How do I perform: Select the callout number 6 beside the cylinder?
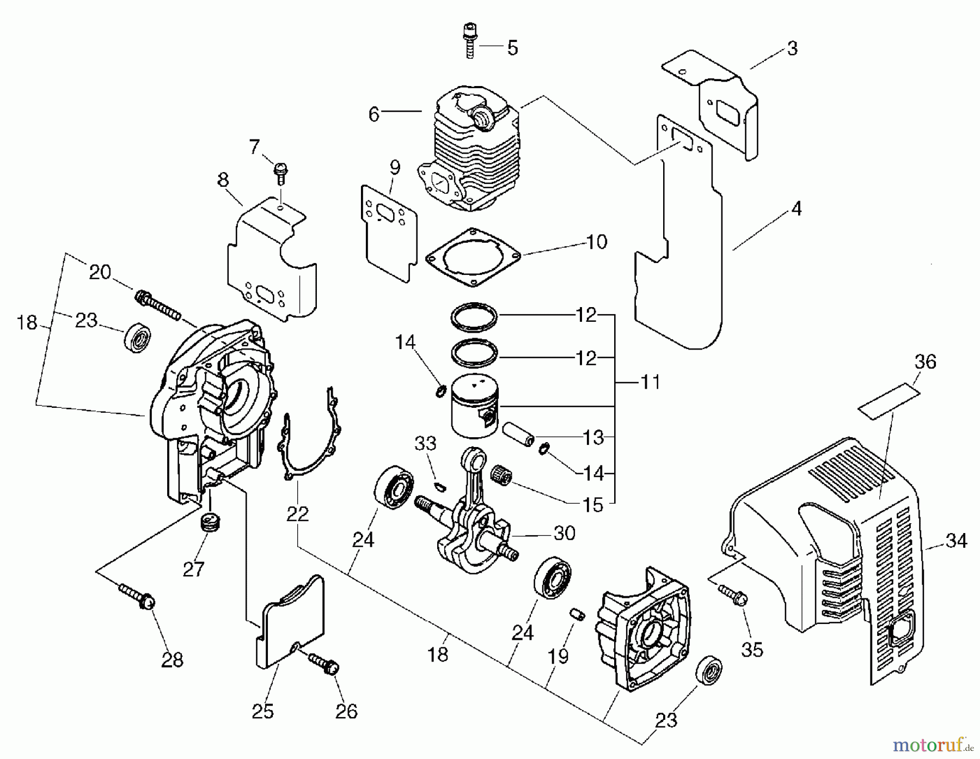373,115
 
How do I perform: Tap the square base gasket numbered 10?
473,255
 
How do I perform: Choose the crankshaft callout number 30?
564,533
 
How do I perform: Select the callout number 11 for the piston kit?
651,382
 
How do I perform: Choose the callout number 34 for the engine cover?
956,541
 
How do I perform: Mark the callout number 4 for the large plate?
796,208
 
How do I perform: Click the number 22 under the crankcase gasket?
297,513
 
